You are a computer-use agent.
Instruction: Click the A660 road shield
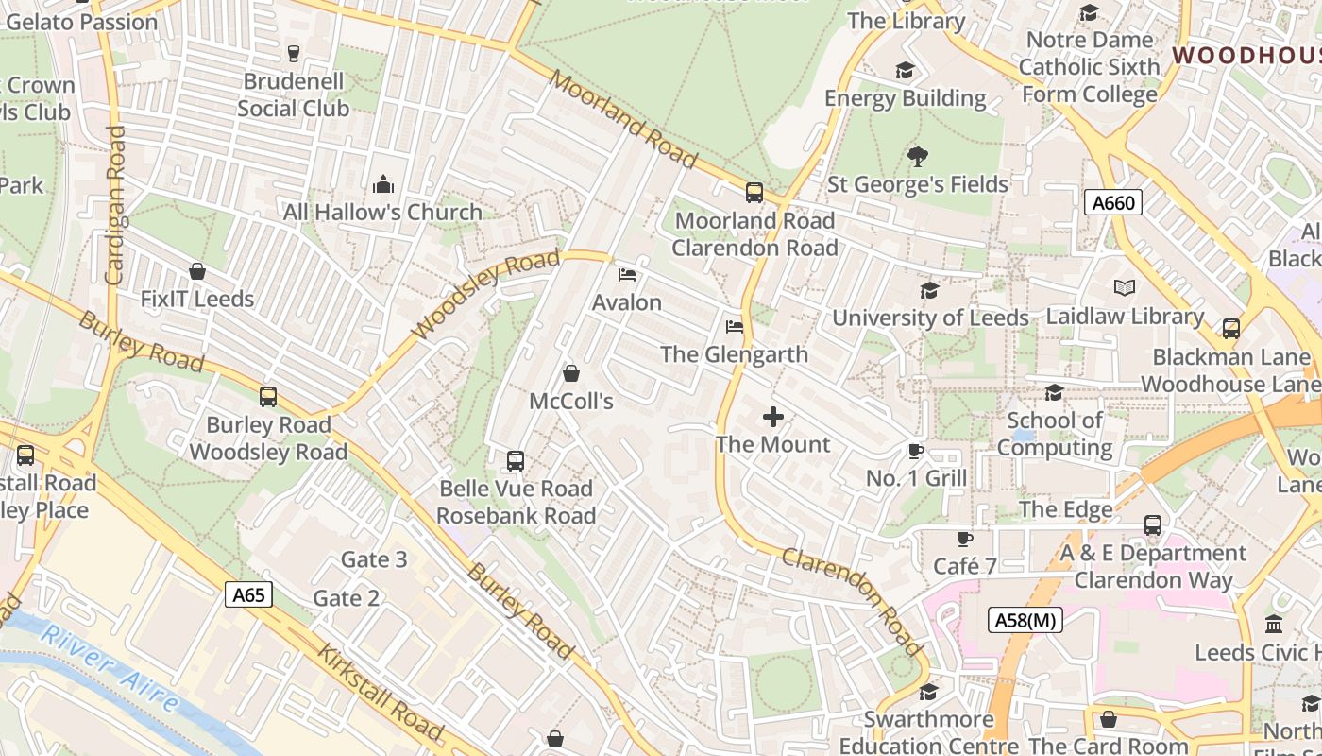tap(1113, 202)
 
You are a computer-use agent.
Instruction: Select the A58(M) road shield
tap(1025, 620)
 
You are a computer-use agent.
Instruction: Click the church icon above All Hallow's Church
tap(383, 183)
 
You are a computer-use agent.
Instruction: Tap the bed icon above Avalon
tap(627, 275)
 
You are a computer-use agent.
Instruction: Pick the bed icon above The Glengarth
tap(735, 327)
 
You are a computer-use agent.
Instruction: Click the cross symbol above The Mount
tap(773, 417)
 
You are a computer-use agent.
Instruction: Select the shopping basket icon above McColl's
tap(571, 373)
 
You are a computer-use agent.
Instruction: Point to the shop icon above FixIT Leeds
tap(197, 272)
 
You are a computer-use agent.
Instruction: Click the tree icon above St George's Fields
tap(917, 156)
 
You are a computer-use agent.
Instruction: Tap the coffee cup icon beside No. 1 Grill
tap(915, 451)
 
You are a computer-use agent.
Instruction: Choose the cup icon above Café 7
tap(964, 539)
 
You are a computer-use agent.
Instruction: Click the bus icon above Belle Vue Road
tap(516, 461)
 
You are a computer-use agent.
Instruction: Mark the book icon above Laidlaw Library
tap(1125, 288)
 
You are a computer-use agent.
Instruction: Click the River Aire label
tap(110, 667)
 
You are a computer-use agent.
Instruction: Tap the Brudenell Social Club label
tap(294, 95)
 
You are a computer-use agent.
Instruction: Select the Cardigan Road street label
tap(115, 205)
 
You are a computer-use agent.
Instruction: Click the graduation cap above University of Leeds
tap(930, 290)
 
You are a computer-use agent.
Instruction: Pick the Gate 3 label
tap(374, 559)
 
